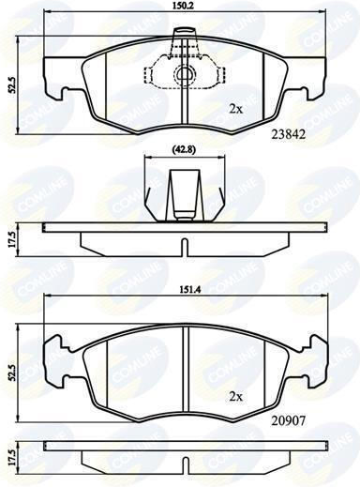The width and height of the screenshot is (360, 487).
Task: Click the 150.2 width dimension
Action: [x=185, y=6]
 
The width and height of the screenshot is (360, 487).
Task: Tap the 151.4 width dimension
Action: [x=187, y=290]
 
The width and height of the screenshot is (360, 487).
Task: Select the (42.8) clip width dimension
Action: [x=185, y=149]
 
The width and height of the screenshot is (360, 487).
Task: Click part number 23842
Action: [x=288, y=134]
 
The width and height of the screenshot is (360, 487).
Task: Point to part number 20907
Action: [x=288, y=421]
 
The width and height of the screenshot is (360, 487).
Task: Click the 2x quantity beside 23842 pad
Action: [x=236, y=109]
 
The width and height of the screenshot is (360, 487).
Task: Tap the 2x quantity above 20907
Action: [x=236, y=397]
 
